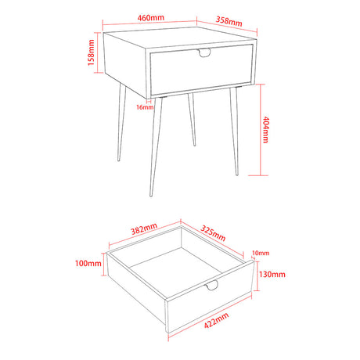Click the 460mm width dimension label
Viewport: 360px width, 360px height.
click(151, 18)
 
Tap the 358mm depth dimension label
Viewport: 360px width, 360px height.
click(229, 21)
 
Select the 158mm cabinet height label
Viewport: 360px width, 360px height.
click(91, 52)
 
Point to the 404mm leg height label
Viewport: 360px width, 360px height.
click(265, 130)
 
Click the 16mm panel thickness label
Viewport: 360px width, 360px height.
click(145, 107)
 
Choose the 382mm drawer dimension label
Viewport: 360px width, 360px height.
click(144, 229)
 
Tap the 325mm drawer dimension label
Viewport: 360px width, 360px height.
click(213, 233)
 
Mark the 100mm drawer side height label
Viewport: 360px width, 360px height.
click(88, 263)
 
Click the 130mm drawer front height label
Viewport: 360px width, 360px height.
click(272, 274)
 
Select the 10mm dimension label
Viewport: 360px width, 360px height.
click(261, 253)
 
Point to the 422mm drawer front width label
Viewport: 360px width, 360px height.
click(216, 320)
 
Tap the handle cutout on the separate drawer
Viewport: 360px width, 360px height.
click(211, 286)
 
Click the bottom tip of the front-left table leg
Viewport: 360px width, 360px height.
click(151, 196)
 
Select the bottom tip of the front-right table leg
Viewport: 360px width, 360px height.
click(237, 175)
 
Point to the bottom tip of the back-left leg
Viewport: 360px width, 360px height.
click(119, 160)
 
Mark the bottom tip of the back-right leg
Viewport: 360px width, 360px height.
click(194, 146)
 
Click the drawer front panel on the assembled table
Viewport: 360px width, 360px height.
click(202, 70)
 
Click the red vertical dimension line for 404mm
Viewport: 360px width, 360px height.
click(261, 130)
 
